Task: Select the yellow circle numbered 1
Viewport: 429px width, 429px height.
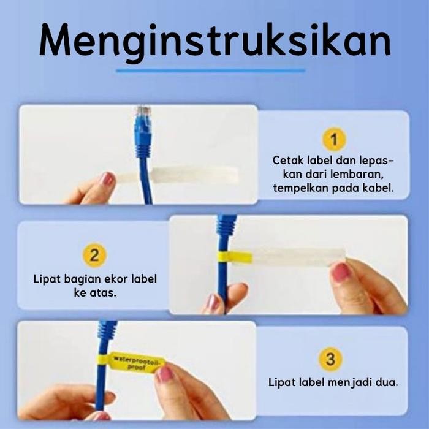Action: [x=334, y=139]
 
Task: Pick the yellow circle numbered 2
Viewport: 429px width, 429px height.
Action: [x=94, y=255]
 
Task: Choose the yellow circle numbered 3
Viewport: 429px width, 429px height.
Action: [x=330, y=359]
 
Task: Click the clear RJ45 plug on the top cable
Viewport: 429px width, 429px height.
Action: [x=143, y=115]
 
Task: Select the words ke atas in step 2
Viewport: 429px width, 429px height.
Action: [x=95, y=293]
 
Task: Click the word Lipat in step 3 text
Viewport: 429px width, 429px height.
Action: [x=283, y=382]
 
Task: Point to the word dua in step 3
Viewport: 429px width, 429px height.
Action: [x=386, y=382]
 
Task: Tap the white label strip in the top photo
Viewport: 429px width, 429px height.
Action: [x=184, y=175]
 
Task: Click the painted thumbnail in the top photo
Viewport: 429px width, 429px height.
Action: [x=108, y=179]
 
